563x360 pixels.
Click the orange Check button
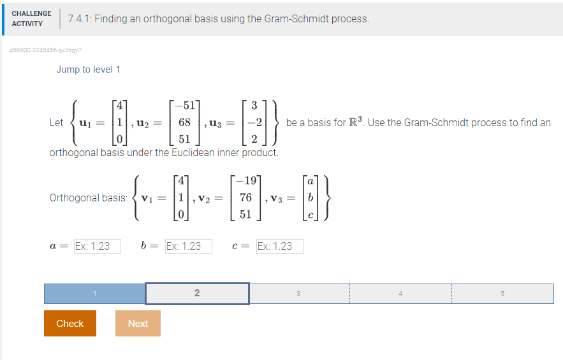[x=70, y=323]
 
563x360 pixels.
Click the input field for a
[x=97, y=246]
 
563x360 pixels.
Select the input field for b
[x=188, y=246]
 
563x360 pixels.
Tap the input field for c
[x=279, y=246]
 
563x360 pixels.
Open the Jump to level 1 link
[x=88, y=69]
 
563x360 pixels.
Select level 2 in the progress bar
[x=197, y=293]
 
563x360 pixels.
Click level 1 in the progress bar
[x=94, y=293]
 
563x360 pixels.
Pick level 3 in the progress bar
[x=298, y=293]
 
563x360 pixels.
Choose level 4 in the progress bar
[x=400, y=293]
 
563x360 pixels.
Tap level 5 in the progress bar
[x=502, y=293]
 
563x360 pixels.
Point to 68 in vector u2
[x=184, y=122]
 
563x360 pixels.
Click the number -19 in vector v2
[x=245, y=180]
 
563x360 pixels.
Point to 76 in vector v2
[x=246, y=198]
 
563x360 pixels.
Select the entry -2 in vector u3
[x=255, y=122]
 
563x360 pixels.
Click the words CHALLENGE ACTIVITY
[x=31, y=18]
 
